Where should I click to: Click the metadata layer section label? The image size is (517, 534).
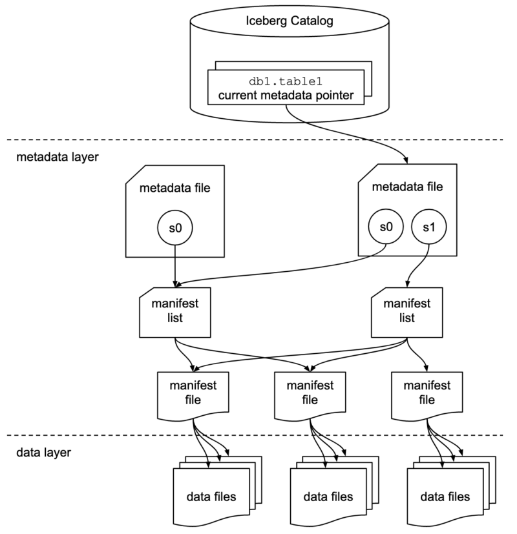point(57,158)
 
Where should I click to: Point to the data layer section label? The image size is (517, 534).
point(43,452)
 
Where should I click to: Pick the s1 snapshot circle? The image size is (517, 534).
point(427,227)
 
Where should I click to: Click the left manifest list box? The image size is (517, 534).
point(175,313)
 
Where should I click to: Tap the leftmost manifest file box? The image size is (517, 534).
point(193,393)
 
